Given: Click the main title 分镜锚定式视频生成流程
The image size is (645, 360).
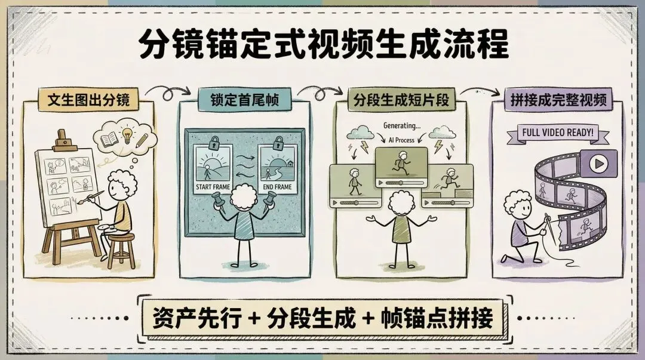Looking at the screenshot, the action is click(323, 45).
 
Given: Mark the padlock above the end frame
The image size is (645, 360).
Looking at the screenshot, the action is click(277, 143).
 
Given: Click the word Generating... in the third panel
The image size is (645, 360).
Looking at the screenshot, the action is click(400, 126).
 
